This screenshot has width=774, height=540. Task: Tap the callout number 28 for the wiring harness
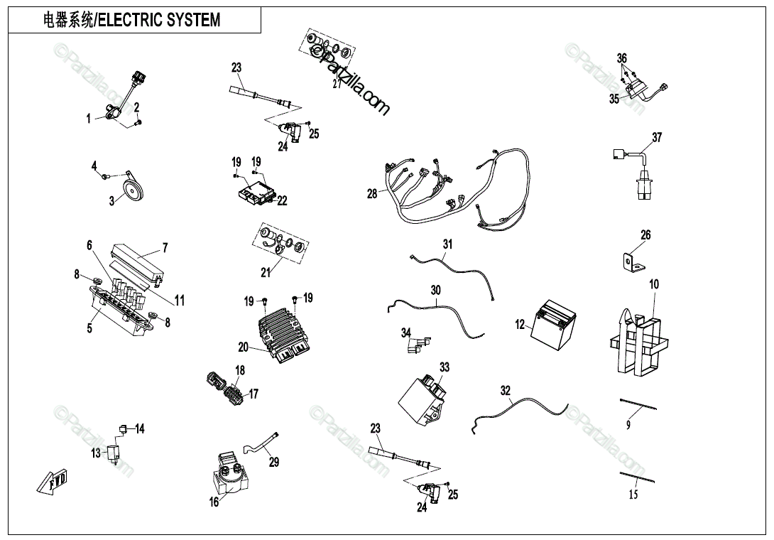372,193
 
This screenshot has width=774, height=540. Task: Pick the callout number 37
657,137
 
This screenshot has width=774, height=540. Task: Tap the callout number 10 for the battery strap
654,284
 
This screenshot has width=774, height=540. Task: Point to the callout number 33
445,367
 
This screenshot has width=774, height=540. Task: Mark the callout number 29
274,462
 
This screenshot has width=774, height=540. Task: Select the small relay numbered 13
112,452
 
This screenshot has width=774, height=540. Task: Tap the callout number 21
266,272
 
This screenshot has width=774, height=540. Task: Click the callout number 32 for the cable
505,390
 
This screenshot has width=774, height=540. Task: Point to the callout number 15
633,495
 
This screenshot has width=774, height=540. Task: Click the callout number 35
614,99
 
